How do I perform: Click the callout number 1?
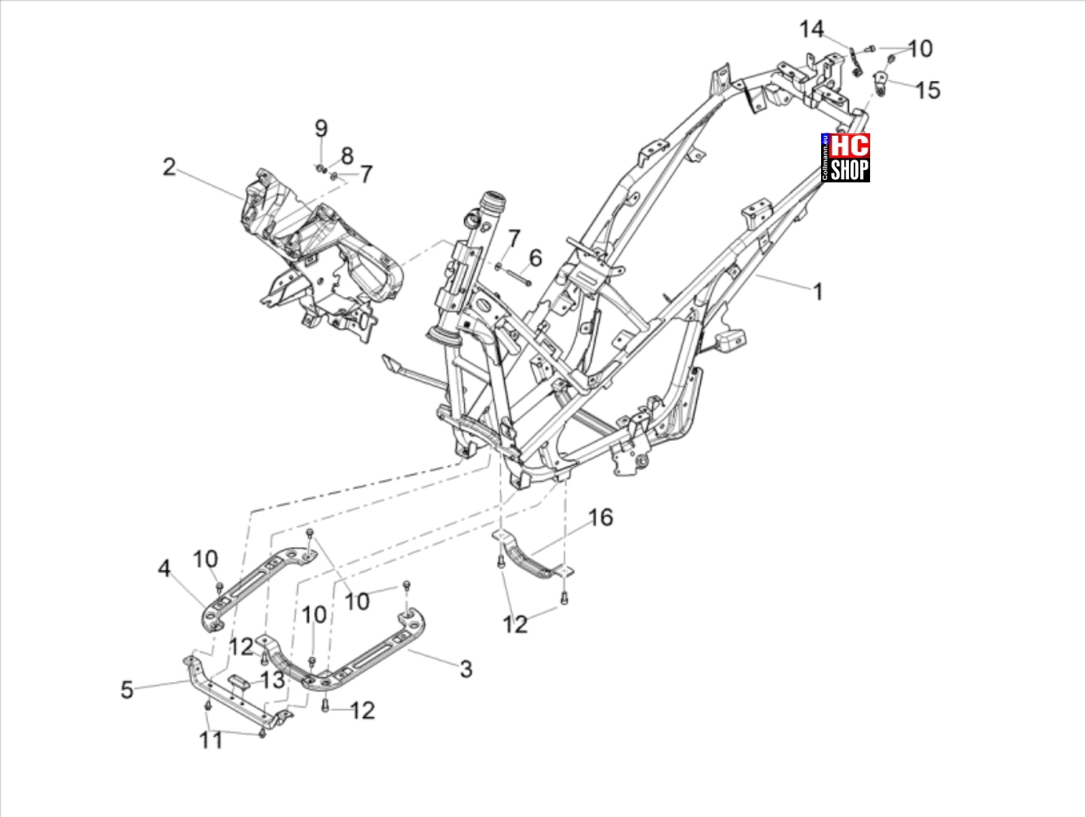(x=818, y=292)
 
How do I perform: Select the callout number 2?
(x=169, y=167)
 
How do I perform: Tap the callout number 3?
(x=466, y=669)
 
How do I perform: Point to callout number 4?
(x=164, y=568)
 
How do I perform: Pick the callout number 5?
(x=127, y=689)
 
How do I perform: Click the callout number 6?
(x=535, y=258)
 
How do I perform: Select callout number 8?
(x=347, y=155)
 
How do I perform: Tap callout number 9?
(x=321, y=128)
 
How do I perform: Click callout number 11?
(x=211, y=740)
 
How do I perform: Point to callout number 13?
(x=272, y=680)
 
